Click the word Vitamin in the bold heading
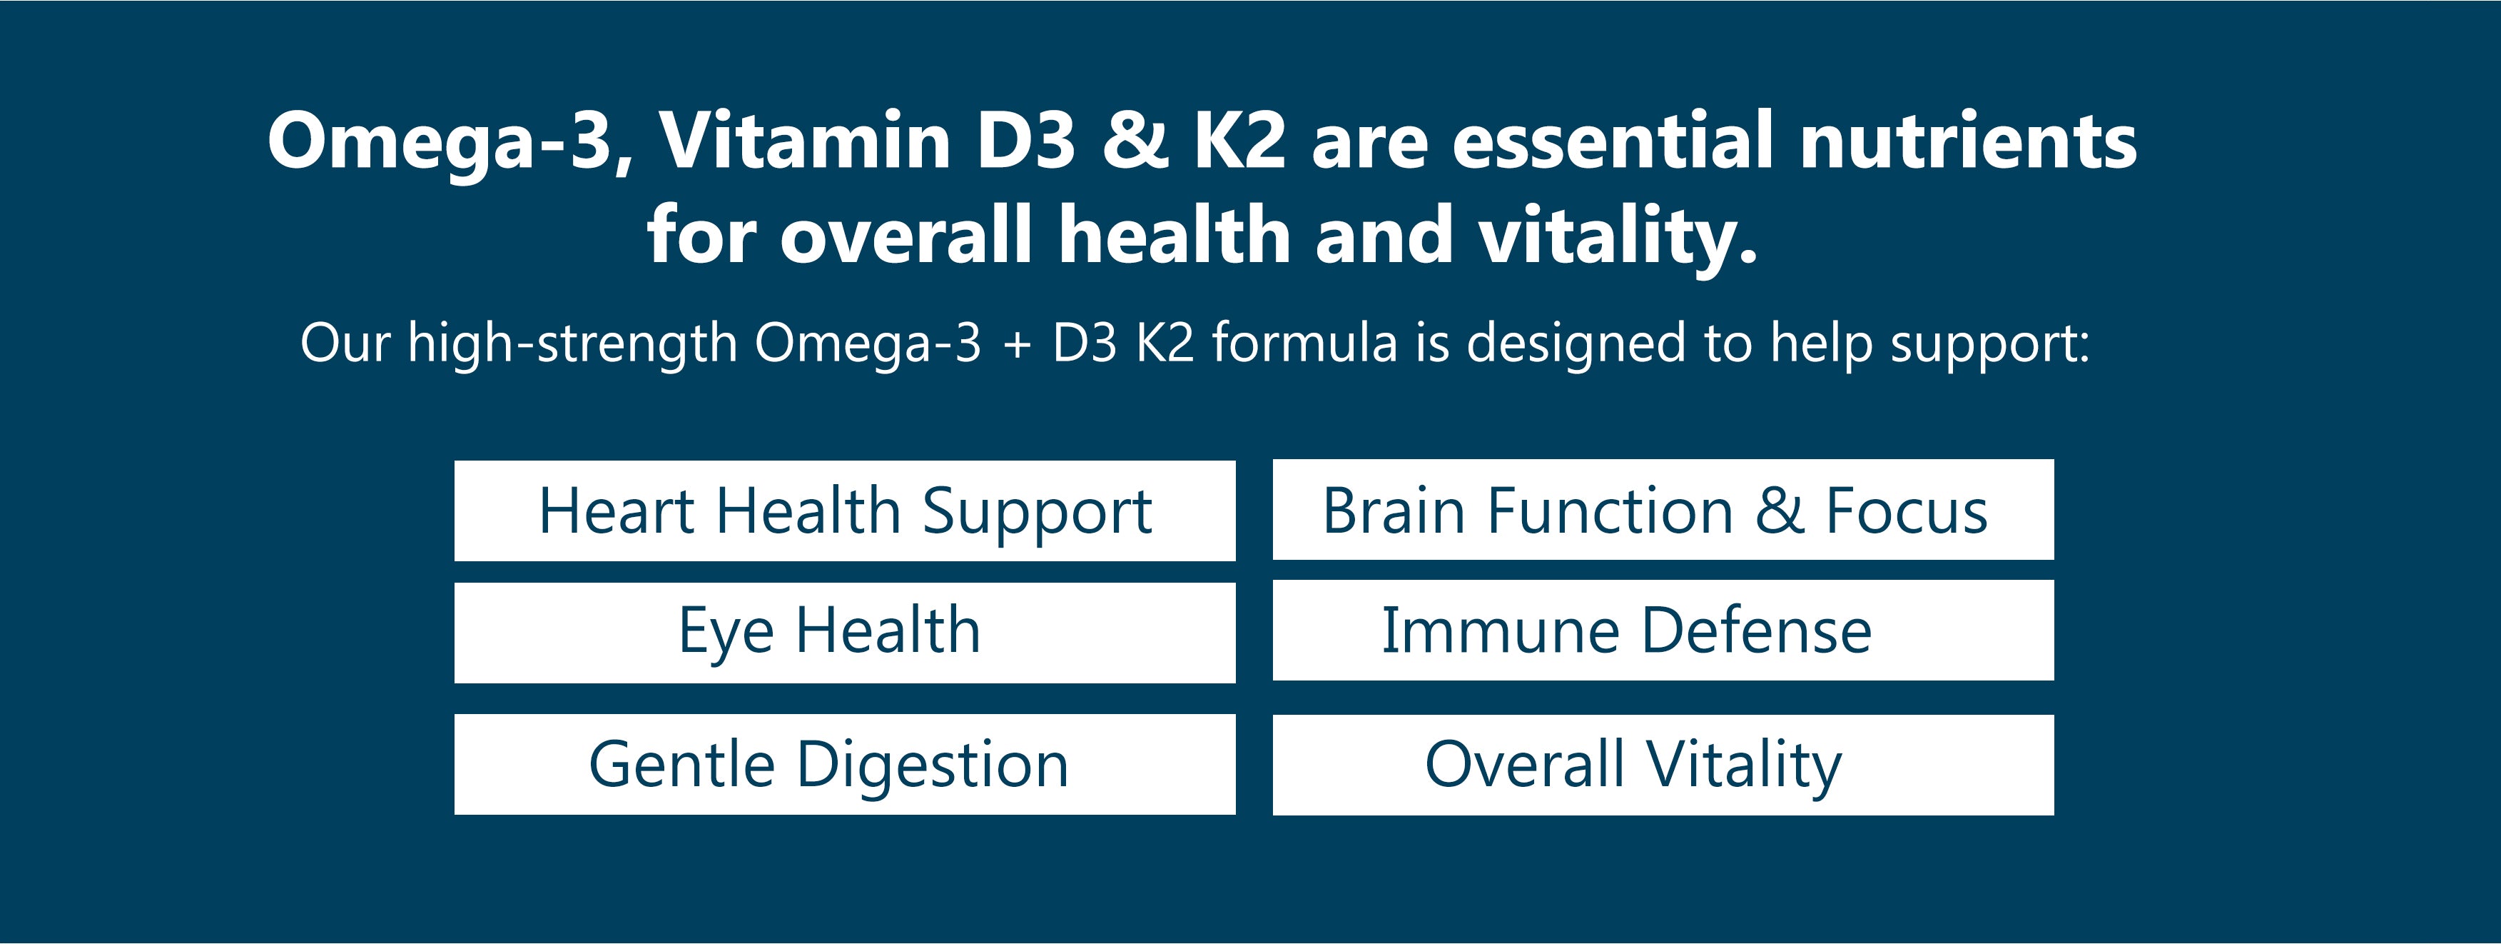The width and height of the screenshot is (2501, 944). [805, 140]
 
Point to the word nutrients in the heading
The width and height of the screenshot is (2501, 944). [1968, 140]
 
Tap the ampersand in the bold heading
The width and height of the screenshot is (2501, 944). [1135, 140]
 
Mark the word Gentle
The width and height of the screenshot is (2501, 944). [681, 764]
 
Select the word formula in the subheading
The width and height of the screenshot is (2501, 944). [1304, 343]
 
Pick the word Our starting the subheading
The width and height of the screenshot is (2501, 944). [345, 343]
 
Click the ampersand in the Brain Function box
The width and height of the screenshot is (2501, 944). [1780, 512]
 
